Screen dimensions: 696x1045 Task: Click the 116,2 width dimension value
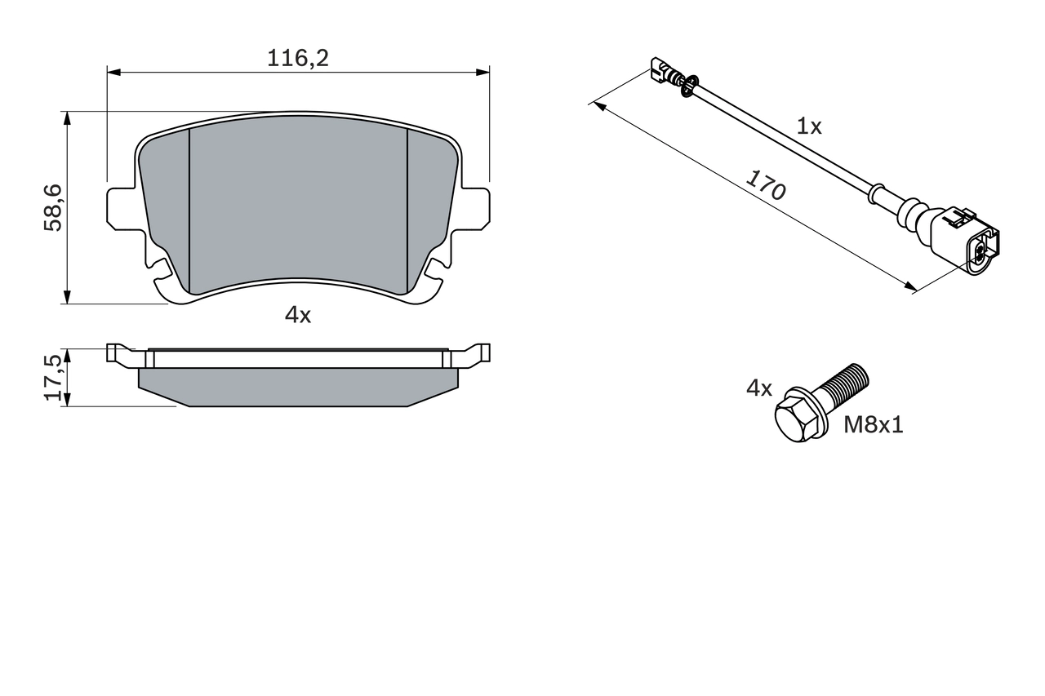click(298, 58)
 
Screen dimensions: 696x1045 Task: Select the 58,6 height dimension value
click(53, 208)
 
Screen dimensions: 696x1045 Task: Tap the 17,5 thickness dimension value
click(53, 376)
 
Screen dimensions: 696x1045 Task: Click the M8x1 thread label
click(874, 424)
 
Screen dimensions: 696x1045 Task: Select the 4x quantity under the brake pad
click(298, 315)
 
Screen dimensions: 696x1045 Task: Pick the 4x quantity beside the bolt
click(758, 388)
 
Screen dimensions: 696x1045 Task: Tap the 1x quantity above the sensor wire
click(809, 126)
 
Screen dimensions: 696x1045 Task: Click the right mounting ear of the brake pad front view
click(475, 208)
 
